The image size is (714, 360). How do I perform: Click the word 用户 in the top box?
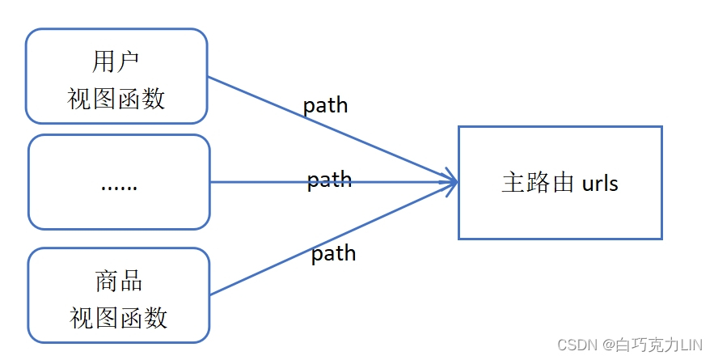tap(117, 62)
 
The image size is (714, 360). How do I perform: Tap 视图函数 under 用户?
tap(117, 98)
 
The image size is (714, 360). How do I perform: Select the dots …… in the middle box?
tap(119, 185)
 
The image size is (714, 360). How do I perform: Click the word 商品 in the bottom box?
tap(119, 281)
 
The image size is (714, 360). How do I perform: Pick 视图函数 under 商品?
tap(119, 317)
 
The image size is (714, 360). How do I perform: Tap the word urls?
tap(600, 183)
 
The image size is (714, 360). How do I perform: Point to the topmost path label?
tap(325, 105)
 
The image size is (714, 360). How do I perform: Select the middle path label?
tap(329, 179)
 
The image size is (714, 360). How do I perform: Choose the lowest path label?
tap(333, 253)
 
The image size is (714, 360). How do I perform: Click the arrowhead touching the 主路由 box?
tap(450, 182)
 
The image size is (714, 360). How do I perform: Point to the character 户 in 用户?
tap(129, 62)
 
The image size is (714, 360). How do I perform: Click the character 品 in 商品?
tap(131, 281)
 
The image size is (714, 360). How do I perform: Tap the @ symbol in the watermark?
tap(608, 344)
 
